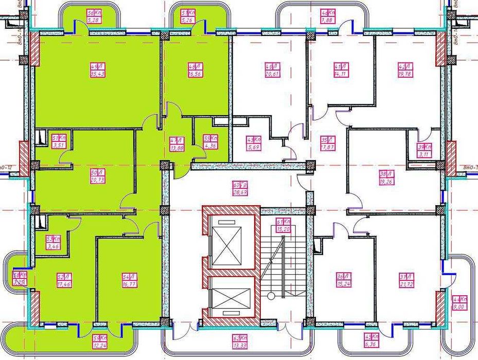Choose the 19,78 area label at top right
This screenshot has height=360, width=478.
[x=405, y=74]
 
